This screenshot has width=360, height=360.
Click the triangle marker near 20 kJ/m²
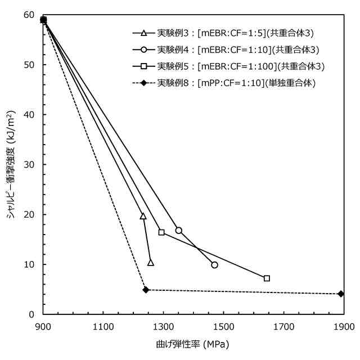coord(143,216)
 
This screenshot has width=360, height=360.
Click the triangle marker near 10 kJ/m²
coord(150,263)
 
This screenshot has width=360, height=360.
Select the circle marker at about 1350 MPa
coord(179,230)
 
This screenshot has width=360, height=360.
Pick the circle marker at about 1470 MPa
coord(214,264)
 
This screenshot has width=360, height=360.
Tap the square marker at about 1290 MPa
coord(161,232)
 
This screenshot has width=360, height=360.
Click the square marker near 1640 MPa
coord(267,278)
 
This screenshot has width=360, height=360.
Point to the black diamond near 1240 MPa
coord(146,290)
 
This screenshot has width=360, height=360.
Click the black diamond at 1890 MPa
coord(341,294)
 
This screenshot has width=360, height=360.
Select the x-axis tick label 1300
coord(163,326)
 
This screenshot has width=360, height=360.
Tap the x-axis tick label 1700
coord(283,326)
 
